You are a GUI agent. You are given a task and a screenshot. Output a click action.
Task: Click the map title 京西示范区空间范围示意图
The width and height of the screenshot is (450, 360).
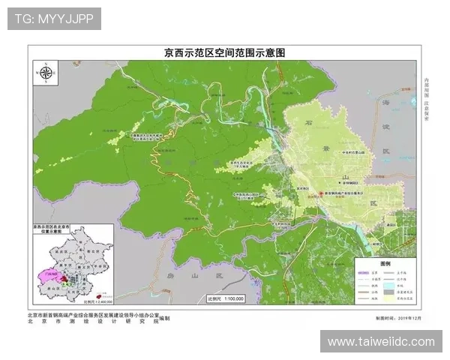pyautogui.click(x=225, y=53)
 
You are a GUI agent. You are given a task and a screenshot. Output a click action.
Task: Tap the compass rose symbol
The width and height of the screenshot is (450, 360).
pyautogui.click(x=46, y=73)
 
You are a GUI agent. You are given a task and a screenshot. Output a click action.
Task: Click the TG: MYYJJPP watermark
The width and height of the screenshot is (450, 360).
pyautogui.click(x=54, y=19)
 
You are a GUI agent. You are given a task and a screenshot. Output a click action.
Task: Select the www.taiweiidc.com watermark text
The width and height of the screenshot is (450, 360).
pyautogui.click(x=381, y=342)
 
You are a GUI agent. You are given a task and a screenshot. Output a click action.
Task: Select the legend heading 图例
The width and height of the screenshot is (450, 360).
pyautogui.click(x=385, y=265)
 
